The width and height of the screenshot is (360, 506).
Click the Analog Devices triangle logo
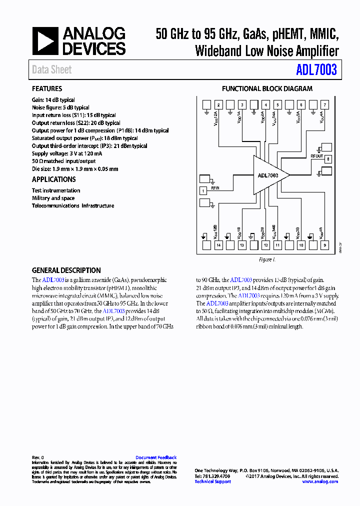point(45,41)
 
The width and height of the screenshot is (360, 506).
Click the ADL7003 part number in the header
point(316,70)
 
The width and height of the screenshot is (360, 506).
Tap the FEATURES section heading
point(47,89)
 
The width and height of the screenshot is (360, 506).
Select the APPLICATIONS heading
point(54,179)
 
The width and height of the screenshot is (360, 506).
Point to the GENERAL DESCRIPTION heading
point(66,270)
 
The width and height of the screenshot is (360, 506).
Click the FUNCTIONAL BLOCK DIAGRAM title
point(267,89)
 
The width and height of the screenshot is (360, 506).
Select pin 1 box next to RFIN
point(203,190)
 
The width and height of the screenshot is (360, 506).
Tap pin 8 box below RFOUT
point(328,159)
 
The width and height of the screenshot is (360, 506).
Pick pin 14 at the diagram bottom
point(218,245)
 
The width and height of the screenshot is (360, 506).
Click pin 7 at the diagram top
point(325,105)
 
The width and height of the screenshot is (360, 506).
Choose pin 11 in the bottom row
point(277,245)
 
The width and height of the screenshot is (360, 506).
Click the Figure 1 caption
point(267,260)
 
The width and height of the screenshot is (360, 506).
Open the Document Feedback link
point(156,457)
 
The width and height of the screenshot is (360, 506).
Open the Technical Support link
point(212,481)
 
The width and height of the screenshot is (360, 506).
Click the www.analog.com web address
point(320,481)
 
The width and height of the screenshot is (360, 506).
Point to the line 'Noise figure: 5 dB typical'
point(61,107)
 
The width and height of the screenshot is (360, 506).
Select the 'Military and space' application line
point(53,198)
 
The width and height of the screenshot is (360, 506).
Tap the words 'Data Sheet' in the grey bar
point(52,70)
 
